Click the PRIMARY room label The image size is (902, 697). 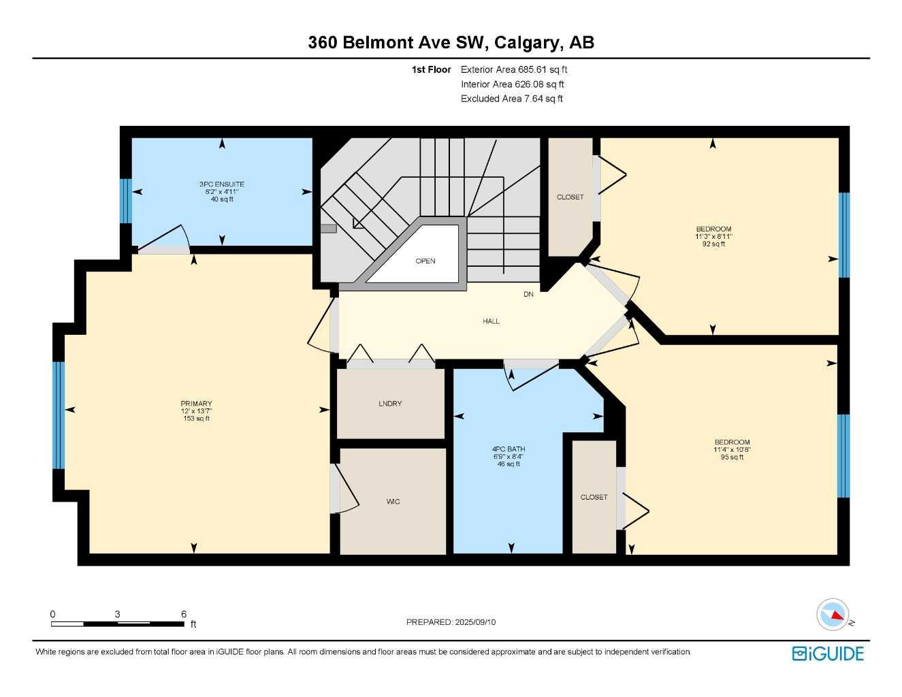[196, 403]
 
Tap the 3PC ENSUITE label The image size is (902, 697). [222, 184]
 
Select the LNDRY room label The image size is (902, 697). [390, 403]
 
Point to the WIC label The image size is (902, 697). [393, 502]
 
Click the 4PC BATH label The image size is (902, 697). [509, 449]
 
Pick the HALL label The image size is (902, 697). [491, 321]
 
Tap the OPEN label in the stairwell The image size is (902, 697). [425, 261]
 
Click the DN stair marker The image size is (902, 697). [528, 294]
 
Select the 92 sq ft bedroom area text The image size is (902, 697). [713, 244]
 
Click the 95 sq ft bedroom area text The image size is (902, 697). [732, 457]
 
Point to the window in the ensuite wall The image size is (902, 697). [126, 201]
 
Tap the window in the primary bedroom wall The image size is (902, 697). [59, 415]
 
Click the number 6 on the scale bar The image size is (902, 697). [184, 614]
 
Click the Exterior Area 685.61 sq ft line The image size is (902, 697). [514, 69]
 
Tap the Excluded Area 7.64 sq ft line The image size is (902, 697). [512, 99]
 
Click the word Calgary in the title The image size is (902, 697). [527, 43]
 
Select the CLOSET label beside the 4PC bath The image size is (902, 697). [594, 497]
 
